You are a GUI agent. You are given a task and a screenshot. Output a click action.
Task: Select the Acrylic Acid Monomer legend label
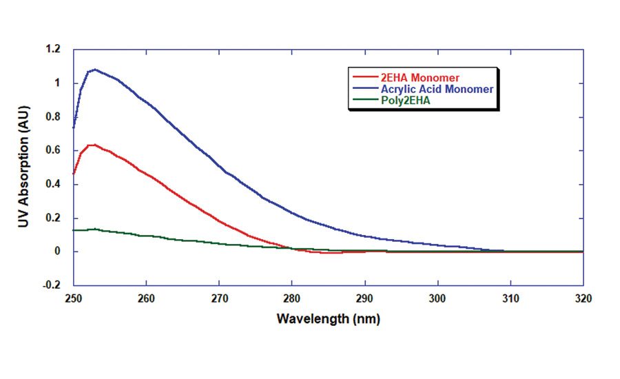[x=437, y=89]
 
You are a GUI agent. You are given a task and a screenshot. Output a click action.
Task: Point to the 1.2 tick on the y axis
[x=54, y=50]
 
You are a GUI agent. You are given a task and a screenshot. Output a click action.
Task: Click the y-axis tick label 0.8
[x=54, y=117]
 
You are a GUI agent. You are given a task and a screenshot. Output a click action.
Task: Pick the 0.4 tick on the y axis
[x=54, y=185]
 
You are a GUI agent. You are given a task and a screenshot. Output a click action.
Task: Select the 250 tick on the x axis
[x=73, y=299]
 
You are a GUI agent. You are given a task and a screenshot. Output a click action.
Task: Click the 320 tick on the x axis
[x=583, y=299]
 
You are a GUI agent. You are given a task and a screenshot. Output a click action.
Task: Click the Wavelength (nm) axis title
[x=328, y=320]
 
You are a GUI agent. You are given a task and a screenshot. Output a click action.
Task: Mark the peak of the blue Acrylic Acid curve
[x=94, y=69]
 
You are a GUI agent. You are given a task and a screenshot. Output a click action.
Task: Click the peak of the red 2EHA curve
[x=93, y=144]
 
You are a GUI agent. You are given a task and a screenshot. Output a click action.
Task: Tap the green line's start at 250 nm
[x=74, y=230]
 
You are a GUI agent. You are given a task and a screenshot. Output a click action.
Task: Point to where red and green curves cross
[x=292, y=248]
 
